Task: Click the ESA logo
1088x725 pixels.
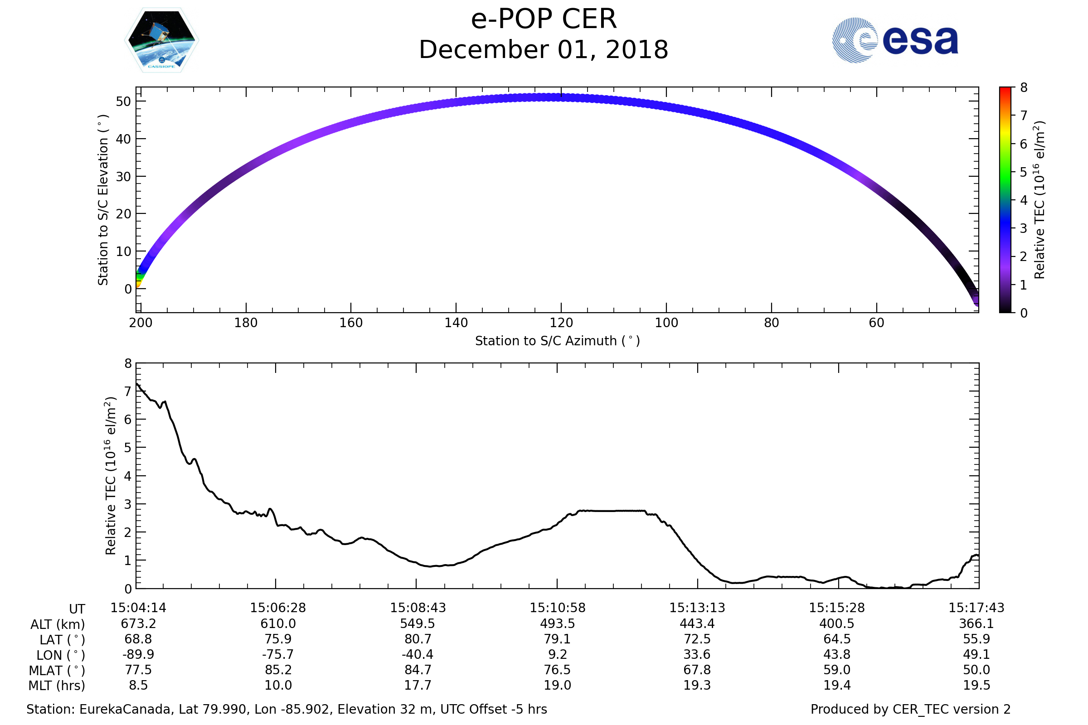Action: click(x=894, y=40)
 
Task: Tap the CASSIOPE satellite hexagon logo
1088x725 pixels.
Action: click(x=162, y=40)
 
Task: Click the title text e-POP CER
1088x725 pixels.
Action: click(x=544, y=19)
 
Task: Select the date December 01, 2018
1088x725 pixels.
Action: click(x=544, y=50)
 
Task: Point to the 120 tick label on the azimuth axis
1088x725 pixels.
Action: click(x=561, y=323)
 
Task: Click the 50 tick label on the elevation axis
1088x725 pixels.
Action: click(x=123, y=101)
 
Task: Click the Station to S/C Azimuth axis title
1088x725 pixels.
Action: click(x=558, y=341)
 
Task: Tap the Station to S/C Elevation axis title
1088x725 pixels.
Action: click(x=103, y=200)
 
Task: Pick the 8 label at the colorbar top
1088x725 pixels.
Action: click(x=1024, y=88)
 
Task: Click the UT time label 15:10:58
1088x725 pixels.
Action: click(x=558, y=608)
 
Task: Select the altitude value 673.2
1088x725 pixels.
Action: click(x=138, y=624)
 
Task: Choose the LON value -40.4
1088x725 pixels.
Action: click(x=418, y=655)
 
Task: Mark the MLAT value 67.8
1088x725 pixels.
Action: click(x=697, y=670)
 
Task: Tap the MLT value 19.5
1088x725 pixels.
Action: click(x=976, y=685)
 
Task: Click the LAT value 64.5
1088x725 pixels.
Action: click(x=837, y=639)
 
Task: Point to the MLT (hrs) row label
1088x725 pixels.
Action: click(x=57, y=686)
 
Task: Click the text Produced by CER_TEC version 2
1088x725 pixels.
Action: click(x=910, y=709)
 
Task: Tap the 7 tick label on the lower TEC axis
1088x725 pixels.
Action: click(x=128, y=391)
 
